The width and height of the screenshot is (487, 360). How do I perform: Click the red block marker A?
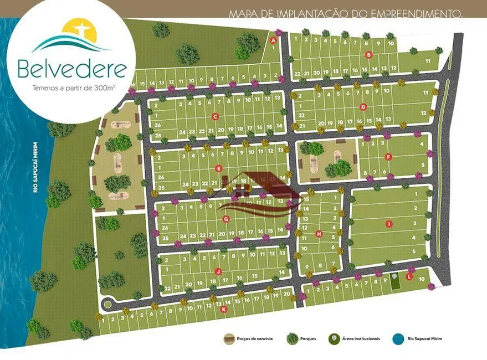pyautogui.click(x=273, y=40)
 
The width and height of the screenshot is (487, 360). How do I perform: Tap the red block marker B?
pyautogui.click(x=368, y=54)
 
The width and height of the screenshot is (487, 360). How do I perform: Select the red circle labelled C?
pyautogui.click(x=215, y=116)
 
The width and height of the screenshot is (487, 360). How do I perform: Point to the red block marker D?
pyautogui.click(x=363, y=107)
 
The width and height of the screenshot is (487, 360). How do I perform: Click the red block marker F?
pyautogui.click(x=388, y=157)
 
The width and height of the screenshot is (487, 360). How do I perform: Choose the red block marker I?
pyautogui.click(x=388, y=224)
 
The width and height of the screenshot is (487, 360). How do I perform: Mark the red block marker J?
pyautogui.click(x=218, y=271)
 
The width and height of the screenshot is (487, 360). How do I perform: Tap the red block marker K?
pyautogui.click(x=224, y=310)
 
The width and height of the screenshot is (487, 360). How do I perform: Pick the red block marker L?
pyautogui.click(x=409, y=276)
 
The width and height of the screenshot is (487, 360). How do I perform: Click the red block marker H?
pyautogui.click(x=319, y=234)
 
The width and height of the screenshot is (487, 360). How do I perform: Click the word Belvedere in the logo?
pyautogui.click(x=72, y=69)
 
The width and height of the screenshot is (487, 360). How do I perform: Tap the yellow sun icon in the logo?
pyautogui.click(x=79, y=32)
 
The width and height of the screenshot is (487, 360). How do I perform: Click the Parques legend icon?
pyautogui.click(x=291, y=338)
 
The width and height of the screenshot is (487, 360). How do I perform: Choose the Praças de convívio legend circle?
pyautogui.click(x=228, y=338)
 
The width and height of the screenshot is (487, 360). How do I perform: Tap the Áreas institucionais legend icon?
pyautogui.click(x=334, y=338)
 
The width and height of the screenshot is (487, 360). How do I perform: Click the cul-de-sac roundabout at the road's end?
pyautogui.click(x=108, y=304)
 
